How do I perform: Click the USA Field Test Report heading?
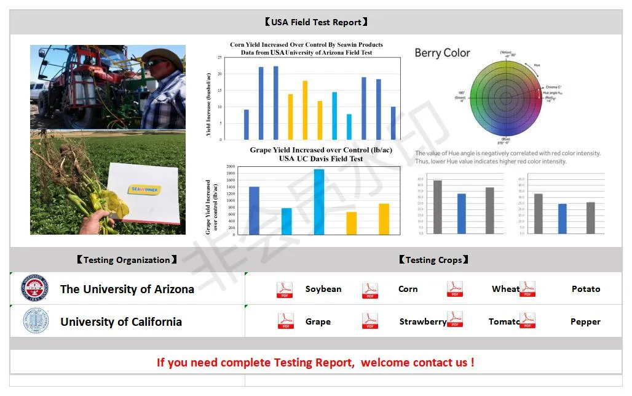tap(316, 22)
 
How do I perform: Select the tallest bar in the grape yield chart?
tap(318, 201)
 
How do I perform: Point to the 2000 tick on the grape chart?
tap(230, 167)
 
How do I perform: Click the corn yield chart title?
tap(306, 49)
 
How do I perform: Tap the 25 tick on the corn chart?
tap(219, 57)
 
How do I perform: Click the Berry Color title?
tap(442, 53)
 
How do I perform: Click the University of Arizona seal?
tap(36, 288)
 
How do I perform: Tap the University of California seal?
tap(36, 321)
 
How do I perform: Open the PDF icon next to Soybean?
tap(285, 289)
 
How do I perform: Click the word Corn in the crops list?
tap(408, 289)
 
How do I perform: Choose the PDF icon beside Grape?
tap(286, 321)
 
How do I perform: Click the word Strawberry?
tap(422, 321)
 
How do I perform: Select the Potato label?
tap(585, 289)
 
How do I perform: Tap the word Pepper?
tap(585, 321)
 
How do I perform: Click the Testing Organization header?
tap(127, 260)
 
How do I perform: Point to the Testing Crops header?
tap(433, 260)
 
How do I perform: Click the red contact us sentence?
tap(315, 362)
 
